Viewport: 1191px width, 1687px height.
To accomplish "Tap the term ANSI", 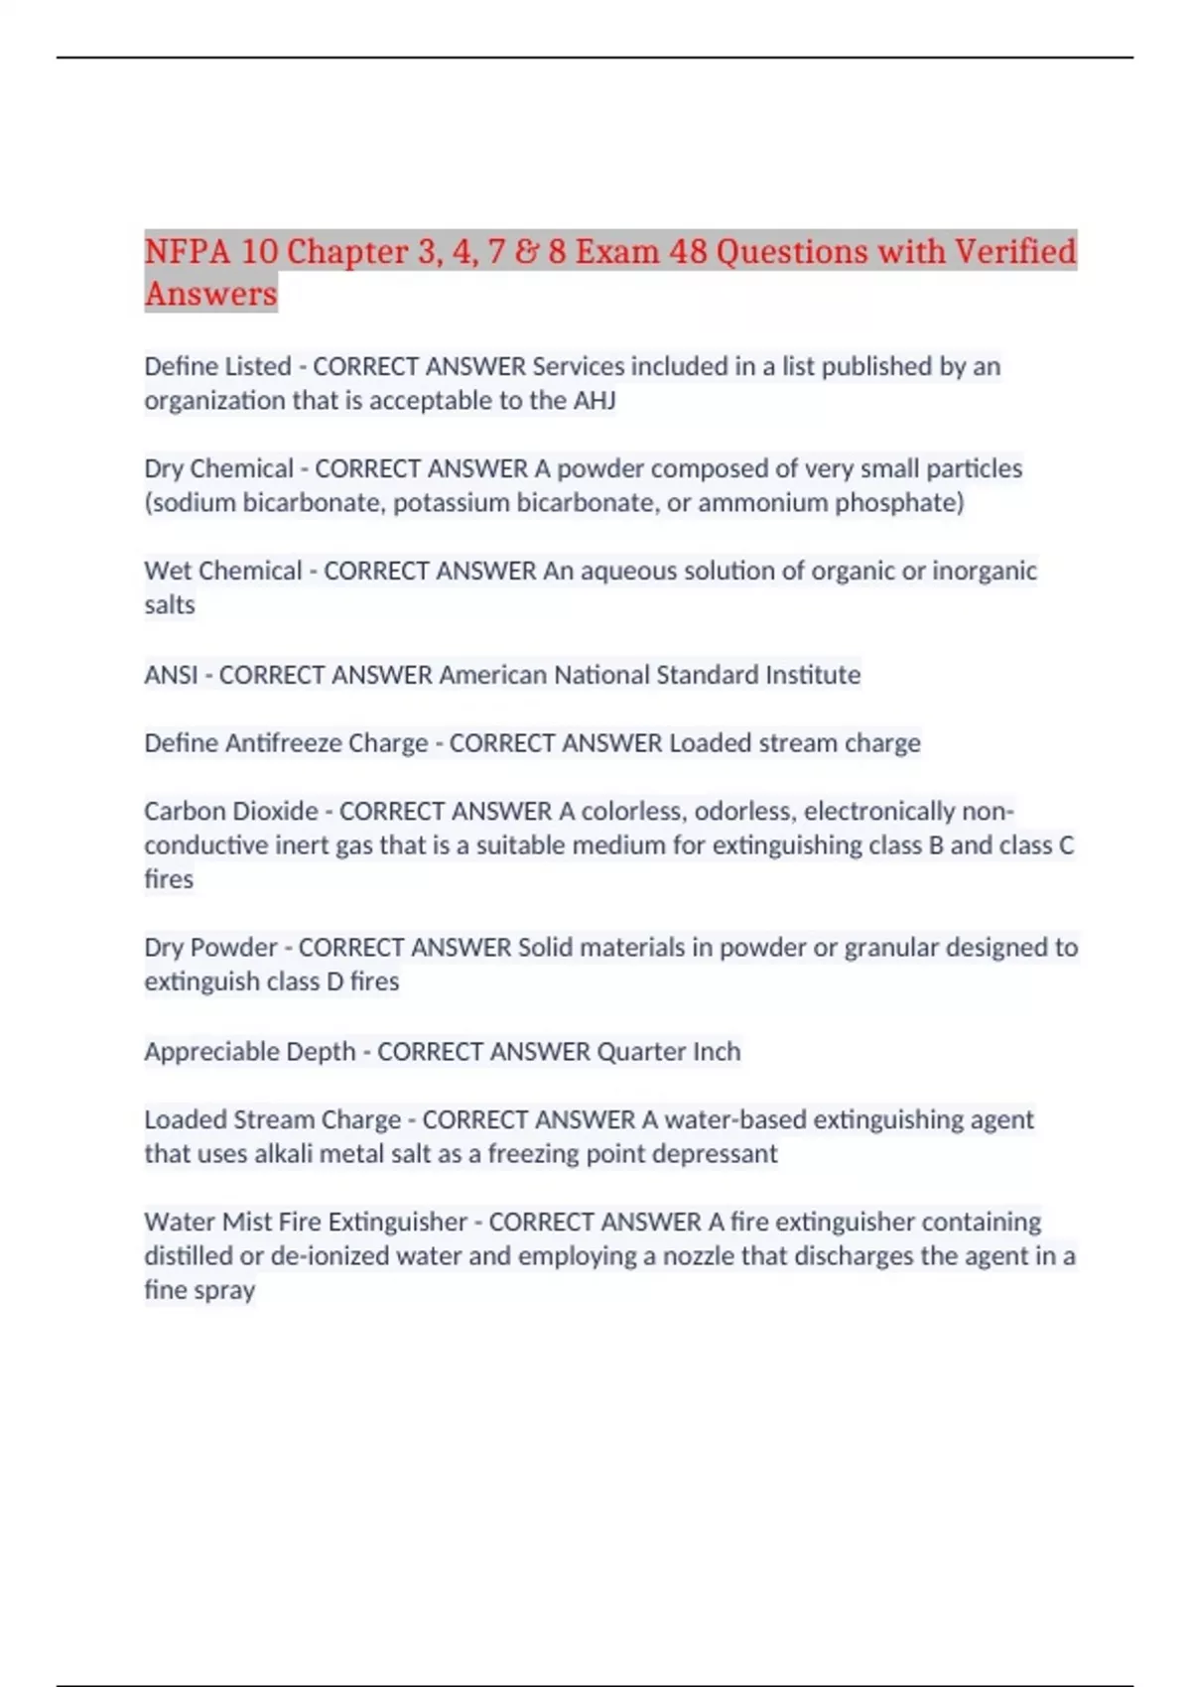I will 171,675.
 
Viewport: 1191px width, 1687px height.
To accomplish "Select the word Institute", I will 813,675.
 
